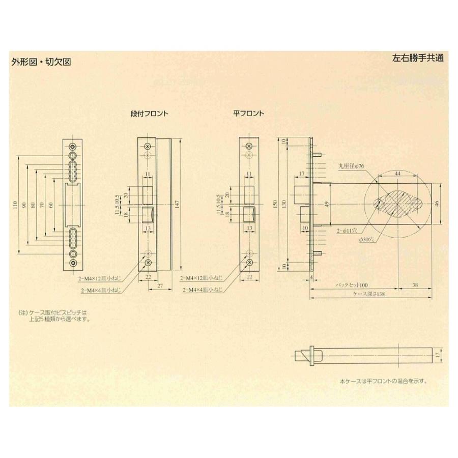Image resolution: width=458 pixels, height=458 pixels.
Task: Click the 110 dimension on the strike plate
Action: (16, 206)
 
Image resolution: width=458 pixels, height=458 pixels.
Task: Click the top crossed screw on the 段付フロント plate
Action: (148, 146)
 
